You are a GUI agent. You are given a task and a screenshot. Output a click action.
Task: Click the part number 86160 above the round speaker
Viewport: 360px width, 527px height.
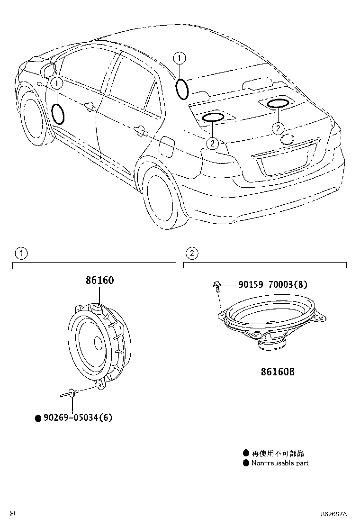(99, 280)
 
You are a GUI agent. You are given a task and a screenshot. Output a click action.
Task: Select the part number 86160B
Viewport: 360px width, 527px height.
(277, 372)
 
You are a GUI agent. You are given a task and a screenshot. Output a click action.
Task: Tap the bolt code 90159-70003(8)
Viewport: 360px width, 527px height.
(272, 284)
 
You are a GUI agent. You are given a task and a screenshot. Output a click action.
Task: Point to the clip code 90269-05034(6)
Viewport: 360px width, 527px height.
(78, 418)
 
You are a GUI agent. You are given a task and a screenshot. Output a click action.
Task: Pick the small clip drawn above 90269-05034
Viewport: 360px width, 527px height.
(70, 392)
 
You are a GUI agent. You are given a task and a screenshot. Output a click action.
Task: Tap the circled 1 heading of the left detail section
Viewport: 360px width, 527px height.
(21, 253)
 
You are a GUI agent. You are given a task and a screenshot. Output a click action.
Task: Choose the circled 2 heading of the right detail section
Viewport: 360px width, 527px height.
(192, 253)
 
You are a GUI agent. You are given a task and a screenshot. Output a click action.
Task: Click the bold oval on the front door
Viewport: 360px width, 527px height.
(58, 114)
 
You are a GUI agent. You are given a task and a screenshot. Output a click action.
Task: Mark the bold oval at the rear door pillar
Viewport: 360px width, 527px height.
(182, 89)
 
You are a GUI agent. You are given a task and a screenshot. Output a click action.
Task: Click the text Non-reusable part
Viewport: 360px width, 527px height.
(279, 463)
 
